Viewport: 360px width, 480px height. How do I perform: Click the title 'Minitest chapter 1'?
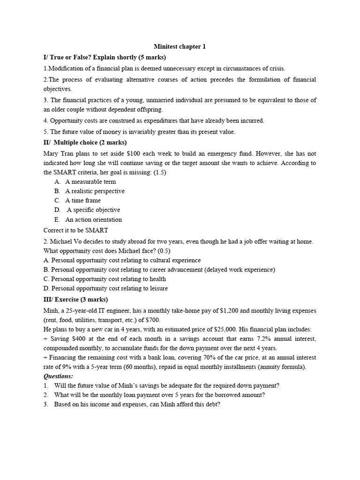coord(180,46)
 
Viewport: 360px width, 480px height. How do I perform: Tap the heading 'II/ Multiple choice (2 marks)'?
coord(85,142)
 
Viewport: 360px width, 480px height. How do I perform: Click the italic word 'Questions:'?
coord(58,376)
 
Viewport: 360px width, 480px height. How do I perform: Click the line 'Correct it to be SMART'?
coord(75,230)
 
